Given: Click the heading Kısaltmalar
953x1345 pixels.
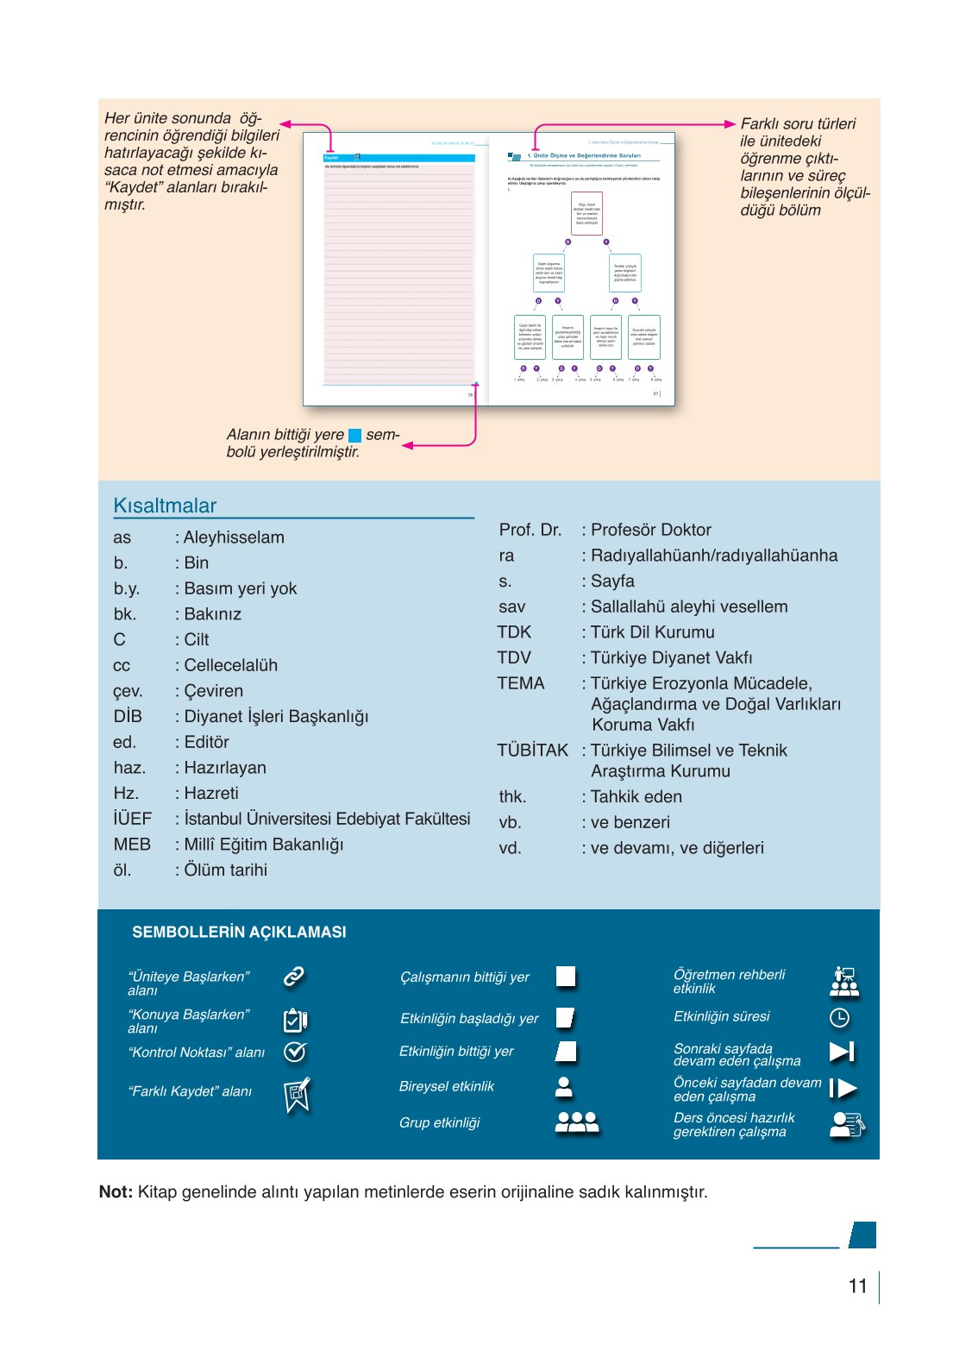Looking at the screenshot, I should coord(165,506).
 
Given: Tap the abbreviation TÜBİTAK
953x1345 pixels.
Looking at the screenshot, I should coord(532,751).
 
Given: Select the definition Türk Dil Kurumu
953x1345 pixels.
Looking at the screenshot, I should coord(652,632).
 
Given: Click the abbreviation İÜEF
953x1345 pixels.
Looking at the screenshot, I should coord(132,819).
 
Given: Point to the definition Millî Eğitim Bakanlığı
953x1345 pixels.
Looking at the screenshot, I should coord(263,845).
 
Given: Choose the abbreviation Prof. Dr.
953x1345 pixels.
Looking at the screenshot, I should coord(530,530).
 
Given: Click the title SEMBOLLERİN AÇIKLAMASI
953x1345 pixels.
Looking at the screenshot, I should coord(239,932).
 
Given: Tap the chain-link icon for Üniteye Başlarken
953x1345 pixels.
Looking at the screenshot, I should coord(294,977).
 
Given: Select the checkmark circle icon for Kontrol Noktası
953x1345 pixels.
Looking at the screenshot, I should coord(295,1052).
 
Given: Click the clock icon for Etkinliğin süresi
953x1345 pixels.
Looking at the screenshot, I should coord(839,1018).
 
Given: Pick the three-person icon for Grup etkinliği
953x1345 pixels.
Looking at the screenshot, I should coord(576,1122).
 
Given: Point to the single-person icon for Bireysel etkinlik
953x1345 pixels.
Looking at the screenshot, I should coord(564,1087).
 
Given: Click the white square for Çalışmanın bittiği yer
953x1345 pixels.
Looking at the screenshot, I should coord(566,977).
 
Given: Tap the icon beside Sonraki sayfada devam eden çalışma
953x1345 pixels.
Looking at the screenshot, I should coord(841,1052).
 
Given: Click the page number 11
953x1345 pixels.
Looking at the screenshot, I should coord(857,1286).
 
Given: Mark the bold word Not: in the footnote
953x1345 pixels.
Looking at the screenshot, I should coord(116,1192).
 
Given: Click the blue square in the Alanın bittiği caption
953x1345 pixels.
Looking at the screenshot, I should coord(354,436).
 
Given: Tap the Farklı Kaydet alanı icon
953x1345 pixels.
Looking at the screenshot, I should coord(297,1095).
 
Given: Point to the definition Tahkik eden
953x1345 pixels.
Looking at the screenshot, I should coord(636,797).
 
